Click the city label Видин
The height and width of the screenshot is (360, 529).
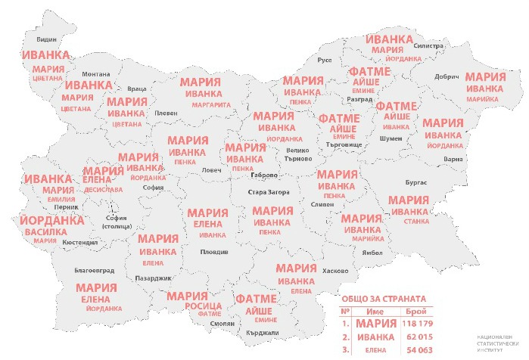pos(46,36)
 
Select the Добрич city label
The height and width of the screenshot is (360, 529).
pos(447,76)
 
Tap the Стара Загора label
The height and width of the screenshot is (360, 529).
pos(269,192)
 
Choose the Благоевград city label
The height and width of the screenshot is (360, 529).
pos(95,270)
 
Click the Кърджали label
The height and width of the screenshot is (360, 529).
pos(263,333)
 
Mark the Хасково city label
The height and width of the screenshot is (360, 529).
pos(335,271)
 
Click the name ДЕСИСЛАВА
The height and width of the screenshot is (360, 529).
pos(103,191)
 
